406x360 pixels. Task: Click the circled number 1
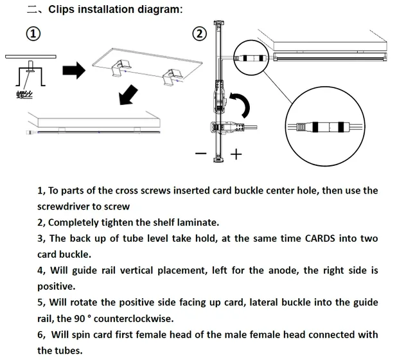33,33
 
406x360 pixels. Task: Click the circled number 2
200,33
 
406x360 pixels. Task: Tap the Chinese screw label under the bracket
24,95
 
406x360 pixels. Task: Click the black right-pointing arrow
74,70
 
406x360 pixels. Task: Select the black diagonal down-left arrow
128,95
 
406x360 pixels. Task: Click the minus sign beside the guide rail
201,154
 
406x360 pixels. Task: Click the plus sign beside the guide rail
236,154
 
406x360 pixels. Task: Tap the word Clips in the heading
62,10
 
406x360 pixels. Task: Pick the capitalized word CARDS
320,239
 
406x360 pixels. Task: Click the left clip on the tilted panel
119,68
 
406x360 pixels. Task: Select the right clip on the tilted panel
171,77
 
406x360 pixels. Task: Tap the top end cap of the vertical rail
219,23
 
